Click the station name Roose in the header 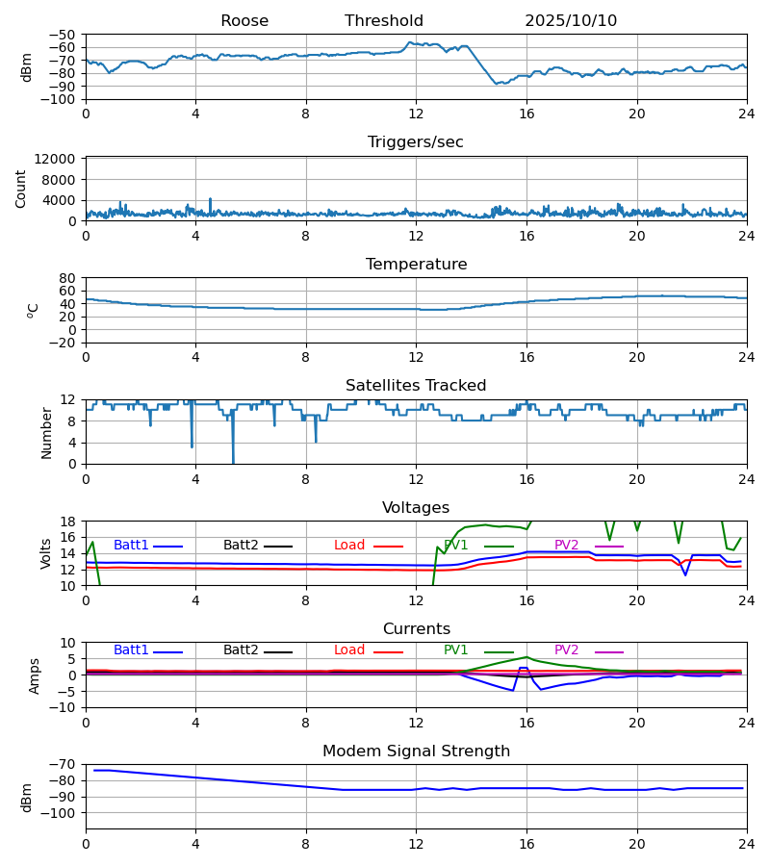pyautogui.click(x=244, y=21)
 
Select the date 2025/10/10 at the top pyautogui.click(x=571, y=21)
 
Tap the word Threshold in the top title pyautogui.click(x=384, y=21)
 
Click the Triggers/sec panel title pyautogui.click(x=416, y=142)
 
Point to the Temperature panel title pyautogui.click(x=416, y=265)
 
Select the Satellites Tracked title pyautogui.click(x=416, y=386)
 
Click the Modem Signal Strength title pyautogui.click(x=416, y=751)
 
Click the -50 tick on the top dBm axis pyautogui.click(x=64, y=35)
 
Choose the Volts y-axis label pyautogui.click(x=46, y=553)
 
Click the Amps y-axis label pyautogui.click(x=36, y=675)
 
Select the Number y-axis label pyautogui.click(x=46, y=432)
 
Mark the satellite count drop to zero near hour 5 pyautogui.click(x=233, y=462)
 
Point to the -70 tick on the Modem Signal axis pyautogui.click(x=64, y=765)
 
